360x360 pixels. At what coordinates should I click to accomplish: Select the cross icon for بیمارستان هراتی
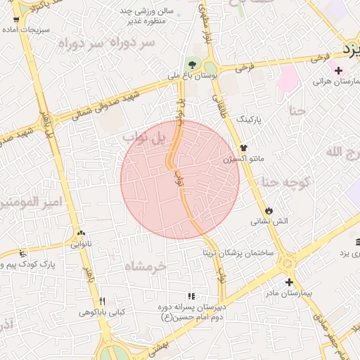pos(338,70)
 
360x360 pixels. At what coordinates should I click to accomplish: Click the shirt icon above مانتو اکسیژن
pos(243,148)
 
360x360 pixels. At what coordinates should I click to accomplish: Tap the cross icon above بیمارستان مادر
pos(288,282)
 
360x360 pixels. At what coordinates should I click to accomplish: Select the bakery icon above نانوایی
pos(82,234)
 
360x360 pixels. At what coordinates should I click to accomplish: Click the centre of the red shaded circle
pos(180,179)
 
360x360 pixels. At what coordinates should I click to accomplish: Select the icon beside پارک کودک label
pos(23,253)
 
